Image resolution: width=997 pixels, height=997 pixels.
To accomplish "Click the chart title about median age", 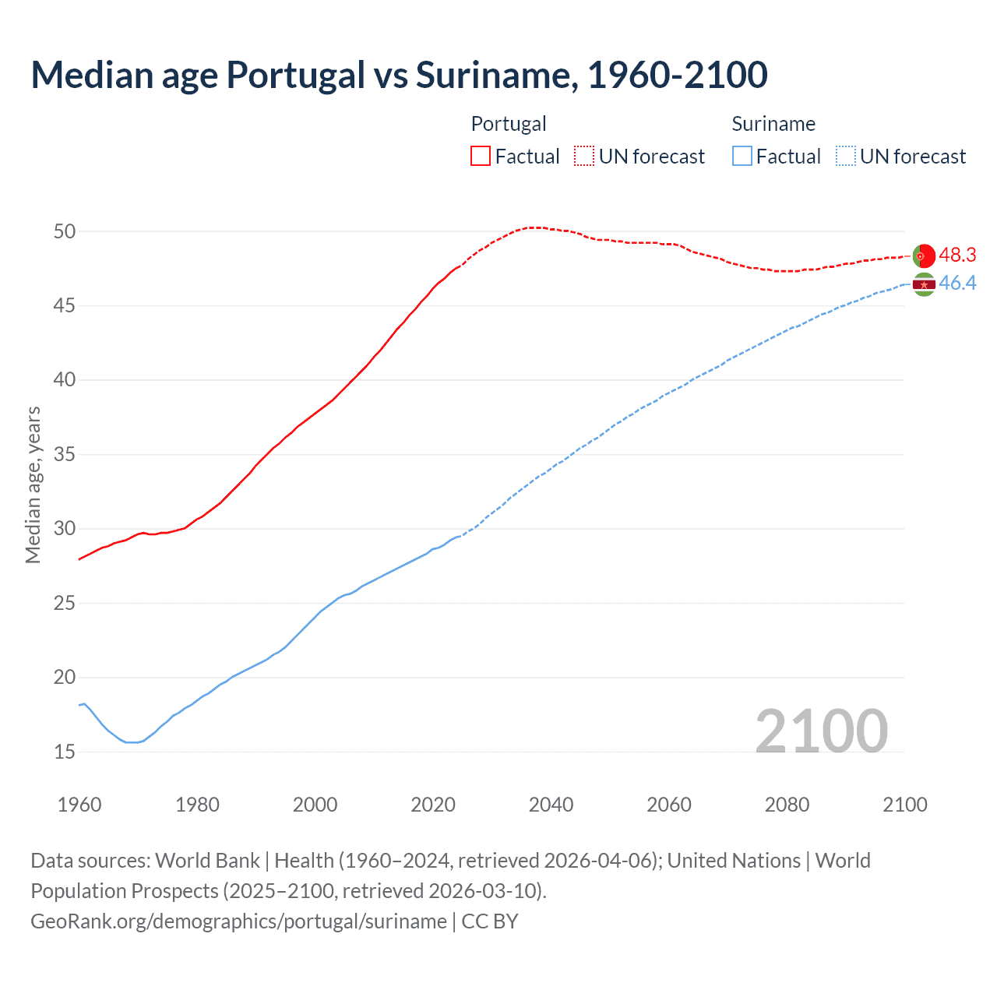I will tap(399, 76).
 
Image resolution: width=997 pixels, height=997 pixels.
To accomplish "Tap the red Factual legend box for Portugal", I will tap(481, 157).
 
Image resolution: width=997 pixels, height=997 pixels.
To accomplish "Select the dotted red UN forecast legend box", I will tap(584, 157).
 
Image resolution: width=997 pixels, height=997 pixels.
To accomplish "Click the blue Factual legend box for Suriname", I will tap(742, 157).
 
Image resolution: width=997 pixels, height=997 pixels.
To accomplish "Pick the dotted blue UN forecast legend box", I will tap(846, 157).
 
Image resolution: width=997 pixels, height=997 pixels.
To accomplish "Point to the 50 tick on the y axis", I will tap(65, 231).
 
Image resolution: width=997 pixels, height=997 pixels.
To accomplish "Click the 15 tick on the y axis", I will tap(65, 752).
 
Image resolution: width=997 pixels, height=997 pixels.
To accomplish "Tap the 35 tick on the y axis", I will tap(65, 454).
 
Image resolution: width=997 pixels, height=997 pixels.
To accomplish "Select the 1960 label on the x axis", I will tap(79, 805).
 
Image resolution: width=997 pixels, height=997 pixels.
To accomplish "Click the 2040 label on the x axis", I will tap(551, 805).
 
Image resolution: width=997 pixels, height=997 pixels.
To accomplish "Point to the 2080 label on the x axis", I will tap(787, 805).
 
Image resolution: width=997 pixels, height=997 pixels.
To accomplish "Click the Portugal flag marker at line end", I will tap(924, 255).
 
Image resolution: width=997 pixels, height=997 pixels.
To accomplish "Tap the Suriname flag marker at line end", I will tap(924, 284).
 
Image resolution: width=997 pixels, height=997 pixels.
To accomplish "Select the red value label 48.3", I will tap(957, 255).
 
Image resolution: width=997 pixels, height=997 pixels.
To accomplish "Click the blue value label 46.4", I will tap(957, 284).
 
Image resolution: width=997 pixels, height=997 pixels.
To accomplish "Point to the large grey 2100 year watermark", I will tap(821, 731).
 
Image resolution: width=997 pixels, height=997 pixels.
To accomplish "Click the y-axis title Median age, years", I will tap(33, 484).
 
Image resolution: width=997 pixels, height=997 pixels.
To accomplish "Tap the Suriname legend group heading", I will tap(773, 124).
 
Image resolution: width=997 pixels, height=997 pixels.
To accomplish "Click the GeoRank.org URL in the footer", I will tap(238, 921).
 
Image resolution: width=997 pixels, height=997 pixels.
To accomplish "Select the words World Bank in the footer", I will tap(207, 861).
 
